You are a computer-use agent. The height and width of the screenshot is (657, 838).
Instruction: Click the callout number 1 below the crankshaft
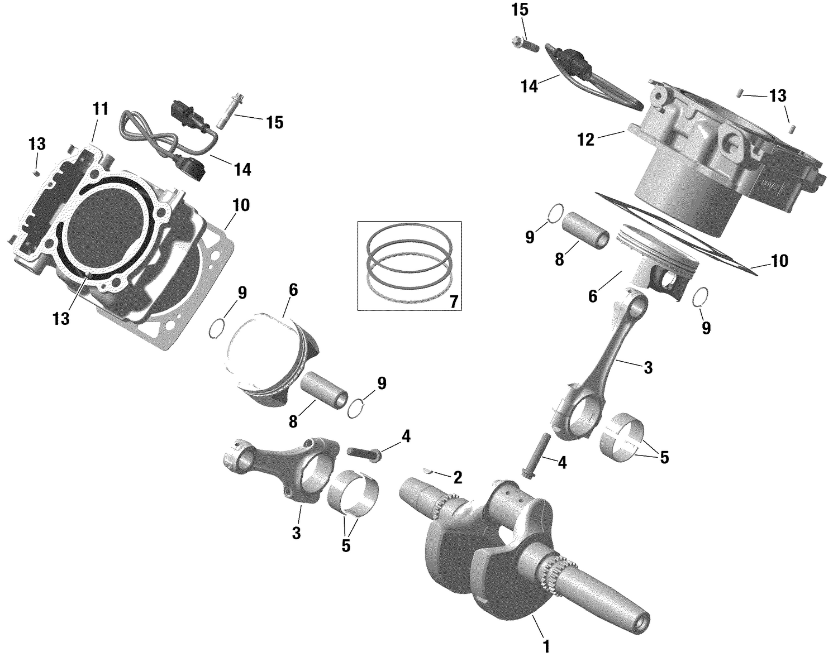pyautogui.click(x=546, y=646)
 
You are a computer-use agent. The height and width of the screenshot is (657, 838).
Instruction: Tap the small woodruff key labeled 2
pyautogui.click(x=429, y=472)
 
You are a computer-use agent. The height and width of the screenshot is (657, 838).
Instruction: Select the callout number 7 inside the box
pyautogui.click(x=453, y=302)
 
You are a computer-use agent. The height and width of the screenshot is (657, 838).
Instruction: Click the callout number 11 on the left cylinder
pyautogui.click(x=100, y=109)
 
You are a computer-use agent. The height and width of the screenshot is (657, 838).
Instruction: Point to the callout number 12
pyautogui.click(x=586, y=140)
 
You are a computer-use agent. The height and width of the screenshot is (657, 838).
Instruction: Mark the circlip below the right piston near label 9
pyautogui.click(x=702, y=298)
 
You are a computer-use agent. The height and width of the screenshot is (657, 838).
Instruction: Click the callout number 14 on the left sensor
pyautogui.click(x=242, y=169)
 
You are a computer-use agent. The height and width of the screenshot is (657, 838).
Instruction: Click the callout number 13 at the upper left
pyautogui.click(x=37, y=144)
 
